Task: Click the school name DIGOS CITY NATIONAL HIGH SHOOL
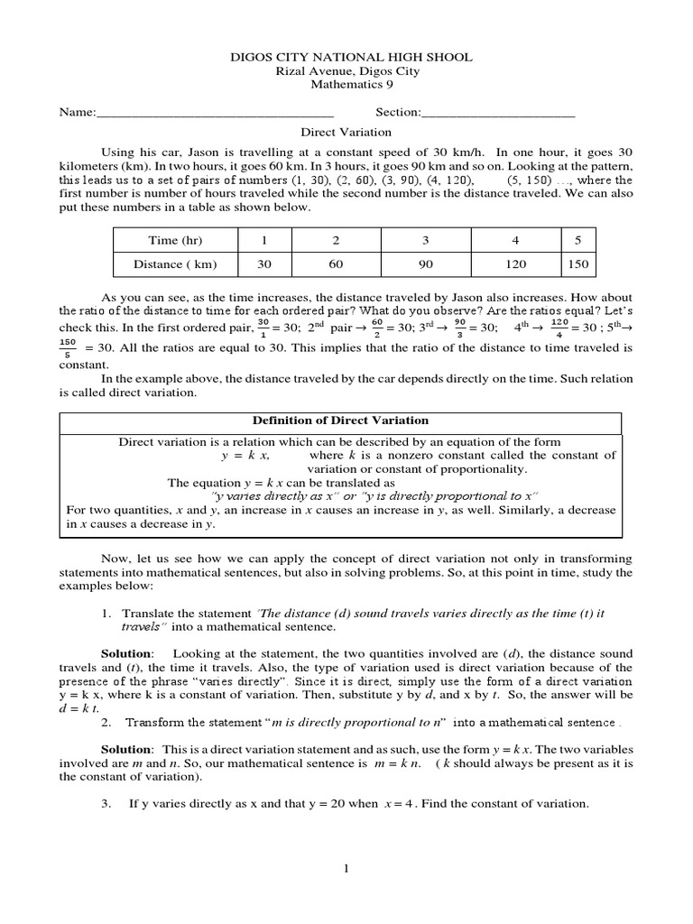[346, 57]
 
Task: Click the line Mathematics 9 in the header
[346, 86]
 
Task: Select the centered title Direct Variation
[346, 132]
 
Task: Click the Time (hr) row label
[175, 240]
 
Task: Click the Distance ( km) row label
[175, 264]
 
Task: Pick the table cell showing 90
[426, 264]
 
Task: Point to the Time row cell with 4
[515, 240]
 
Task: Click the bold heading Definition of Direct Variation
[339, 420]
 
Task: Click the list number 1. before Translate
[106, 613]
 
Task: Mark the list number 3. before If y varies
[106, 803]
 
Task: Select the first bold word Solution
[127, 652]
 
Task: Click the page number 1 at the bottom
[346, 868]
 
